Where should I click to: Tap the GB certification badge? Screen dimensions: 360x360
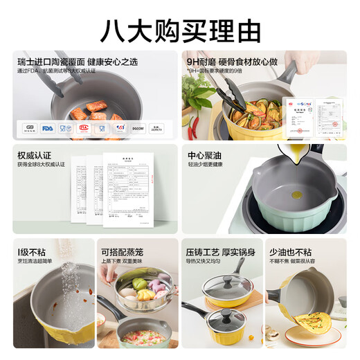(29, 127)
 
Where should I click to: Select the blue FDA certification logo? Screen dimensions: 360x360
(47, 127)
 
